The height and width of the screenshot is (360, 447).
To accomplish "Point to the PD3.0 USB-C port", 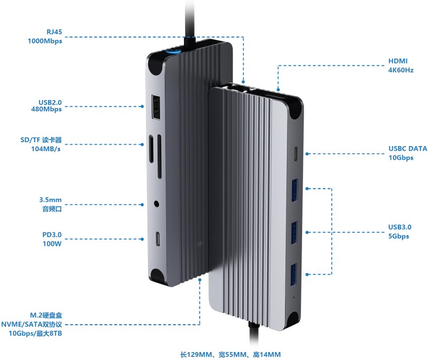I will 158,237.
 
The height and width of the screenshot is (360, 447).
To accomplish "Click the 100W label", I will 52,244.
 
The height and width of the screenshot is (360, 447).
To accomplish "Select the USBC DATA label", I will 408,149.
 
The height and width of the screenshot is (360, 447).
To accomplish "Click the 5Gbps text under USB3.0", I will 399,236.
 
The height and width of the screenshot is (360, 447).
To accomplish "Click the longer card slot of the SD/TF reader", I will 159,156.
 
